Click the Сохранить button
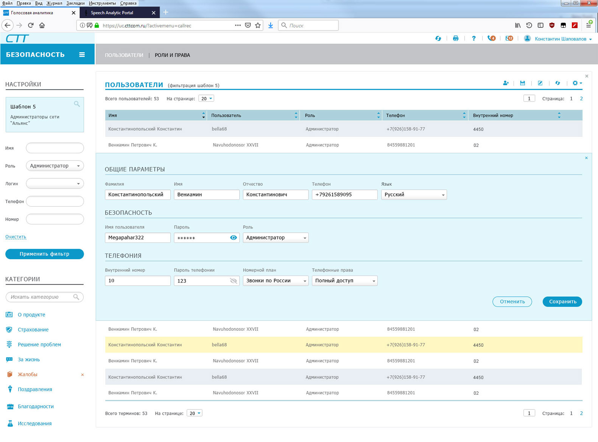pyautogui.click(x=562, y=302)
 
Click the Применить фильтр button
pyautogui.click(x=45, y=254)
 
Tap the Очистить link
pyautogui.click(x=16, y=237)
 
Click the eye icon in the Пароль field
pyautogui.click(x=234, y=238)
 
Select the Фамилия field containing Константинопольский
pyautogui.click(x=137, y=195)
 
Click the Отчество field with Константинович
pyautogui.click(x=276, y=195)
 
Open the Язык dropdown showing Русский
pyautogui.click(x=414, y=195)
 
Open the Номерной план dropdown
pyautogui.click(x=276, y=280)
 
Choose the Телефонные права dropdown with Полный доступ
pyautogui.click(x=344, y=280)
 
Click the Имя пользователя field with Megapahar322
pyautogui.click(x=137, y=238)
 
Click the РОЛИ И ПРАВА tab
pyautogui.click(x=172, y=55)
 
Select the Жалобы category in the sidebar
pyautogui.click(x=28, y=374)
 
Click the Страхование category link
pyautogui.click(x=33, y=330)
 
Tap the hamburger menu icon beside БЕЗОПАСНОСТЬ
pyautogui.click(x=82, y=54)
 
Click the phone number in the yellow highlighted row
pyautogui.click(x=406, y=345)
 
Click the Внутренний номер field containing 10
pyautogui.click(x=137, y=280)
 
